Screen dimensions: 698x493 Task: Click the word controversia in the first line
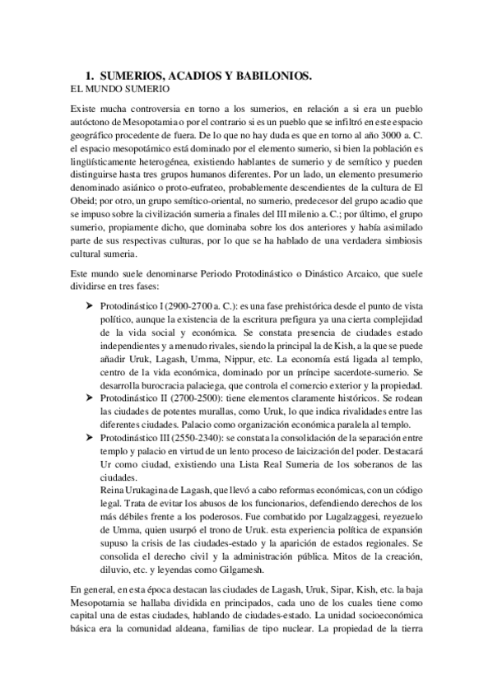(x=156, y=109)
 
